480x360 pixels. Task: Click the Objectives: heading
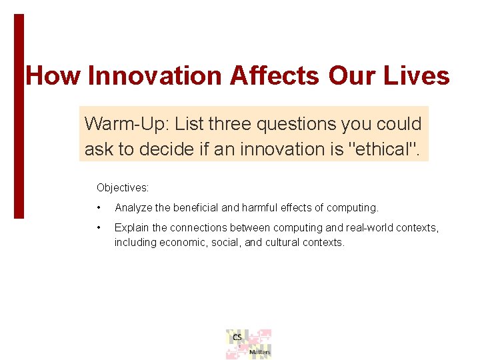tap(123, 188)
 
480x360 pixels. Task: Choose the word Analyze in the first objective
tap(133, 208)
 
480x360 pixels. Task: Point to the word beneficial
tap(196, 208)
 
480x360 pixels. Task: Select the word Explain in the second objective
tap(132, 228)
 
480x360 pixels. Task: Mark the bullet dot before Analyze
tap(99, 208)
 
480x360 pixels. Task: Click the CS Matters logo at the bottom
tap(249, 344)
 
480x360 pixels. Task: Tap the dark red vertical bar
tap(19, 117)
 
